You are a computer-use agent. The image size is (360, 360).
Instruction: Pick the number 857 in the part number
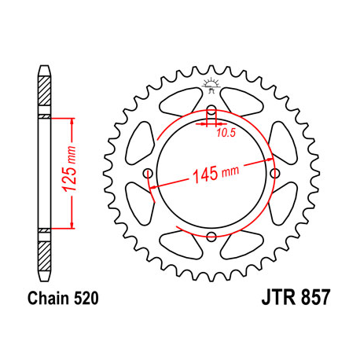tap(314, 299)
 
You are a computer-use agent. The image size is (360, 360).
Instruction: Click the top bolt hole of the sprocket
tap(211, 110)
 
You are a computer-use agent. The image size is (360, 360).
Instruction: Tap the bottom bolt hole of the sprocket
tap(211, 236)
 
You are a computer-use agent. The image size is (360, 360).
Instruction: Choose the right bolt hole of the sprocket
tap(274, 173)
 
